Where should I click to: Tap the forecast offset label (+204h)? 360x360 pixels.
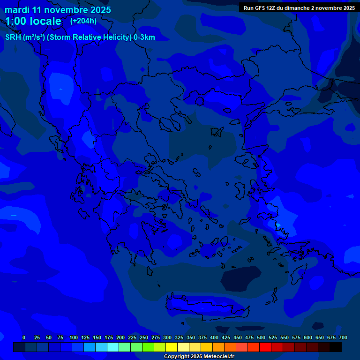coord(83,21)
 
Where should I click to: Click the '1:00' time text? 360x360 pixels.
coord(16,21)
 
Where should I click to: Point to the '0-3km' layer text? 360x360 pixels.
coord(144,37)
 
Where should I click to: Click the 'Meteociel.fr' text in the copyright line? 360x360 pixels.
coord(216,357)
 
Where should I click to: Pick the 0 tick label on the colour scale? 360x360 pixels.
coord(24,337)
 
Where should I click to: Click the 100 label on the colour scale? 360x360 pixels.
coord(74,337)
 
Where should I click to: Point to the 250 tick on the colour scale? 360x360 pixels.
coord(144,337)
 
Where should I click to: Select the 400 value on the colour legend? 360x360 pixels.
coord(214,337)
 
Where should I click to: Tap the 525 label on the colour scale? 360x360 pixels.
coord(273,337)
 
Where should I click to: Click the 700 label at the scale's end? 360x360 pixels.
coord(343,337)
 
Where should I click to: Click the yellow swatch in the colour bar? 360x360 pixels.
coord(172,347)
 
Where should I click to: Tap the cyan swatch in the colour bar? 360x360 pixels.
coord(113,347)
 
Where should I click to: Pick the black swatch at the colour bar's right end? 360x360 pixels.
coord(336,347)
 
